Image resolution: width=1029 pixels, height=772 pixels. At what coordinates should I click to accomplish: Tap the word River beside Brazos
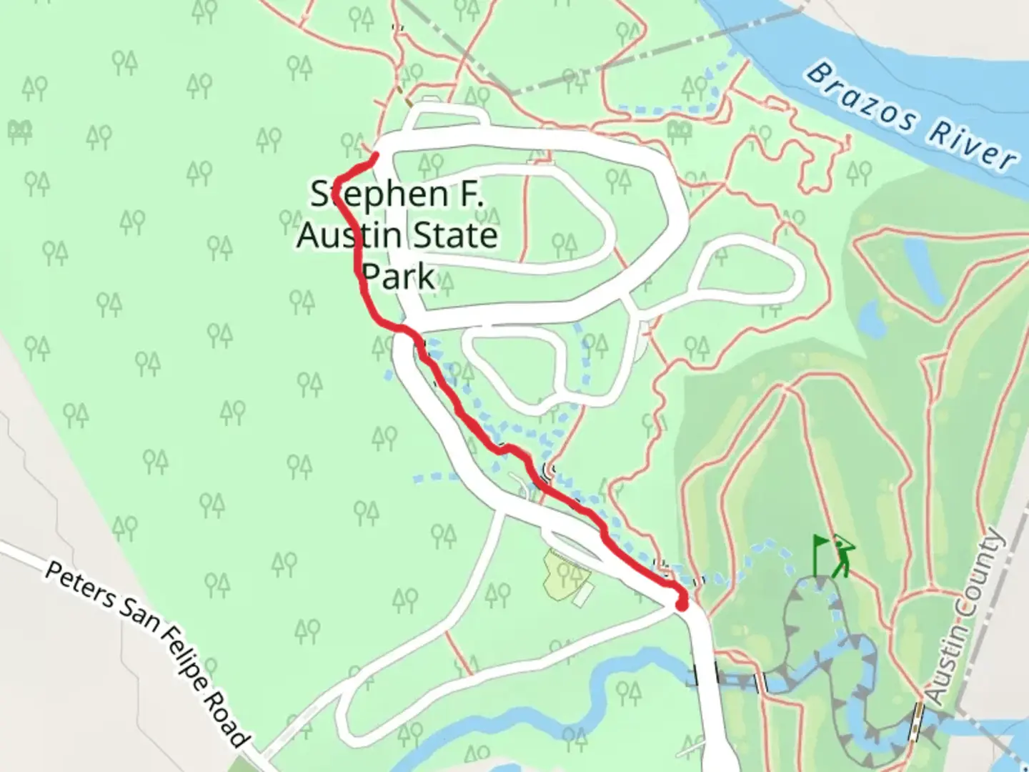pos(973,147)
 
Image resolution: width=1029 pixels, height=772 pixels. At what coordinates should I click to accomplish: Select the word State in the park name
pos(456,235)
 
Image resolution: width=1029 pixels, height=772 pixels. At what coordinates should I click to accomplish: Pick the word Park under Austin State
pos(398,276)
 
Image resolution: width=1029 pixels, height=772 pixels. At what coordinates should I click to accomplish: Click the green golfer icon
pos(844,555)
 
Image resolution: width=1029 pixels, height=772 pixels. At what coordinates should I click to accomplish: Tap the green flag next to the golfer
pos(820,553)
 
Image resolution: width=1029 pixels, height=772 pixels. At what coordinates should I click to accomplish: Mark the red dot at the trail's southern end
pos(682,605)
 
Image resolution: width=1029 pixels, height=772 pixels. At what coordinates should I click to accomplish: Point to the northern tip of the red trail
pos(375,154)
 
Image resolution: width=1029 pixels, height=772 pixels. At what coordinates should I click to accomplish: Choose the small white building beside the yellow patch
pos(584,595)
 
